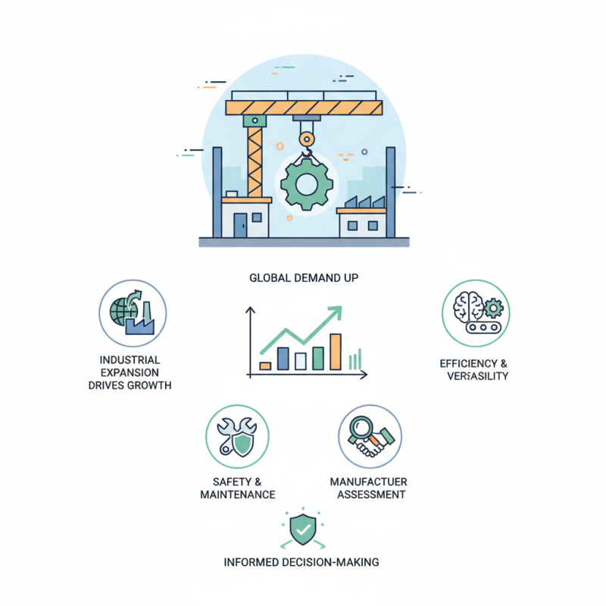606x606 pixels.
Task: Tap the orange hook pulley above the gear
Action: click(x=306, y=139)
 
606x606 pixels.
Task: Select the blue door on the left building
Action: click(x=240, y=224)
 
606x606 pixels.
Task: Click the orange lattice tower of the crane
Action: click(x=255, y=159)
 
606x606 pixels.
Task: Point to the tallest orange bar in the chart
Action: click(x=336, y=351)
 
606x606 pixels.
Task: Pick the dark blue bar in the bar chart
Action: click(x=283, y=359)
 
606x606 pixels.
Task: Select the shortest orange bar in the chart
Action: click(x=265, y=365)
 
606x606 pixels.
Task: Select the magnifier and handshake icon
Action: click(x=370, y=437)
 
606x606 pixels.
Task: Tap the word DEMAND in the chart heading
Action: click(x=307, y=278)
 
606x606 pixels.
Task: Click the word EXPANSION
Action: click(x=130, y=372)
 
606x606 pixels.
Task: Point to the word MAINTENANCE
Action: click(x=237, y=495)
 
